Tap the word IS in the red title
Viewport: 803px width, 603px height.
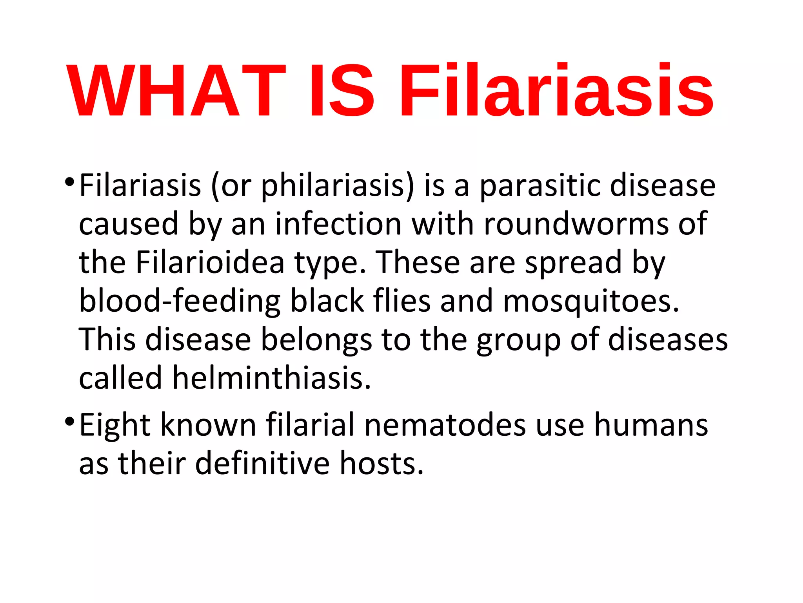[x=342, y=91]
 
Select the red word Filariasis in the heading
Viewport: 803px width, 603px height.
[x=556, y=91]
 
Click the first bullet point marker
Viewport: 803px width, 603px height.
[x=69, y=182]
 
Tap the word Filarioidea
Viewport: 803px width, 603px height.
[x=210, y=262]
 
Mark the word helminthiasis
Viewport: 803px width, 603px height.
[x=271, y=378]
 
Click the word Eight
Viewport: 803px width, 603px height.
[x=115, y=426]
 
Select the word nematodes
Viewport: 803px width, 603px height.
[x=445, y=425]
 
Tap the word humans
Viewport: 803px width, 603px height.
[x=651, y=425]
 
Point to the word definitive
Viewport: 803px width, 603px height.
[x=262, y=463]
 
